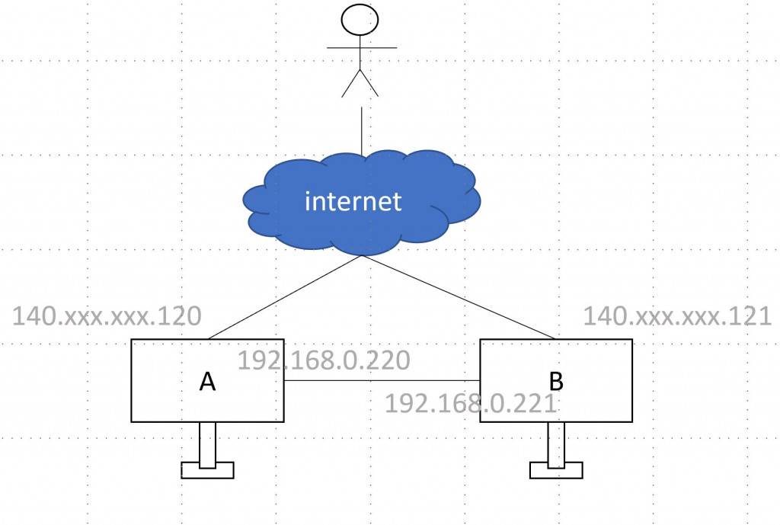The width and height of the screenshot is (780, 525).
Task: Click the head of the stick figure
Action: (360, 20)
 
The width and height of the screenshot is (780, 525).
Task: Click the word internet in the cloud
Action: (353, 200)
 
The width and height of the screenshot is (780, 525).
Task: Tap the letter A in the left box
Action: (207, 382)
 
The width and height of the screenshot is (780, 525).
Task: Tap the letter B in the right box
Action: (556, 382)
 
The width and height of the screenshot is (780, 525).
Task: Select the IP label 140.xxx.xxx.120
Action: (107, 316)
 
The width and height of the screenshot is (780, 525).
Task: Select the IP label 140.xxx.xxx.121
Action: (677, 316)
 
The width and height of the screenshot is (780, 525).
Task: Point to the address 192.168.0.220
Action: (324, 360)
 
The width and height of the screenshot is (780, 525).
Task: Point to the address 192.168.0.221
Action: (471, 403)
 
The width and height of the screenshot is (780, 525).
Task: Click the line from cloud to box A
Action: (285, 297)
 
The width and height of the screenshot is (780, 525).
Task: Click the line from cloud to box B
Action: (458, 297)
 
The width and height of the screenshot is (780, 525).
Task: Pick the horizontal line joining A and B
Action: (382, 381)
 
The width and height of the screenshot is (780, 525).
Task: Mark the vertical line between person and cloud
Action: (362, 131)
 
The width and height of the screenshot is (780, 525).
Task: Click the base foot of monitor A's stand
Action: (207, 470)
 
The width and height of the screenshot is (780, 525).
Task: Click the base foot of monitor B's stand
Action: (556, 470)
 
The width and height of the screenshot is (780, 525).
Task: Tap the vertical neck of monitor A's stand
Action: (207, 445)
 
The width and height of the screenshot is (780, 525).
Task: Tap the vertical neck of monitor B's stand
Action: (556, 445)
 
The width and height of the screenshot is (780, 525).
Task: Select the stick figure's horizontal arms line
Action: (362, 48)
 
